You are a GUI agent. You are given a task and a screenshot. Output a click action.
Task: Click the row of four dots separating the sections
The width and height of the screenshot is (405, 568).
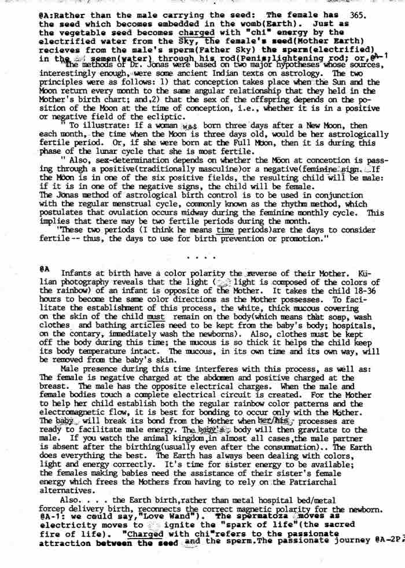click(x=203, y=256)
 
